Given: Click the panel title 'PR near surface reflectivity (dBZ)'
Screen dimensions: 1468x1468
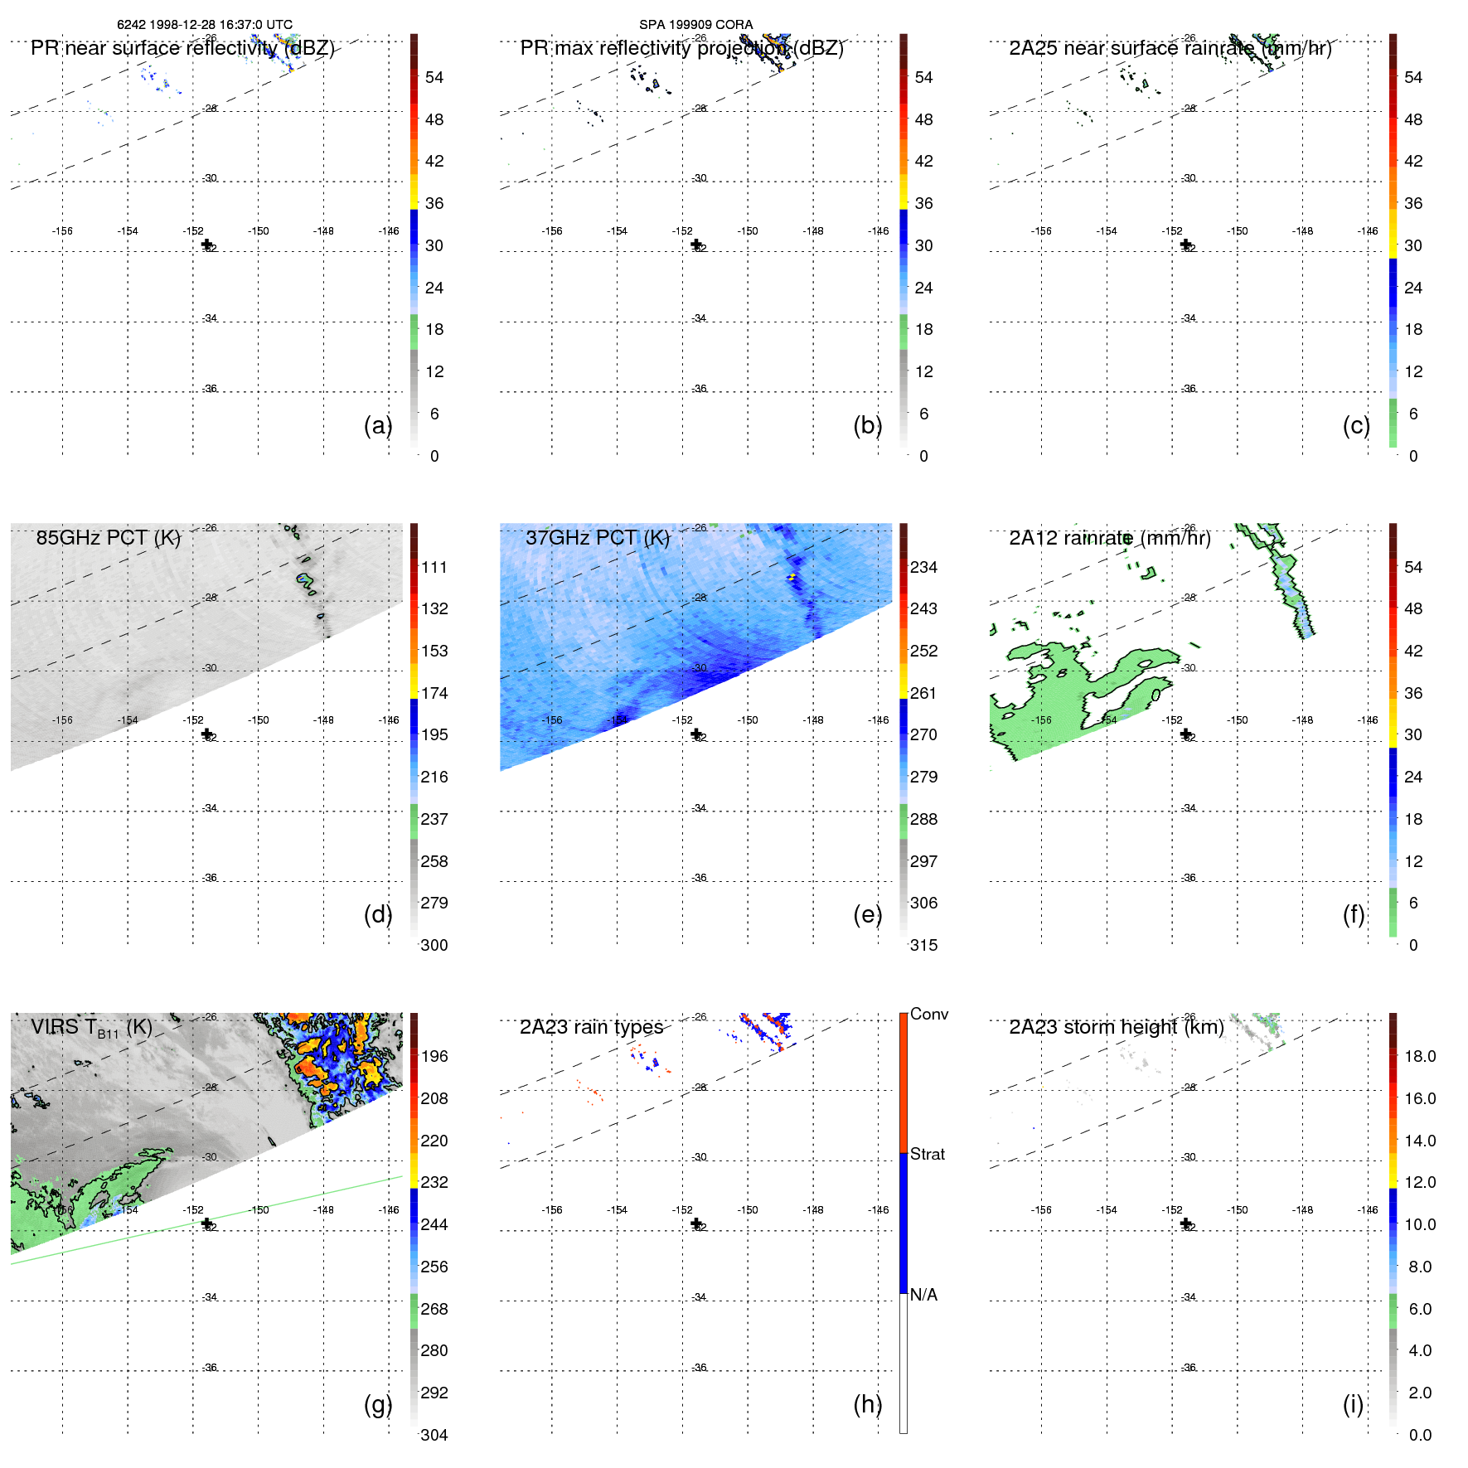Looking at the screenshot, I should click(182, 48).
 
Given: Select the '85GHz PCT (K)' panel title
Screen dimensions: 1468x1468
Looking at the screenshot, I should click(109, 537).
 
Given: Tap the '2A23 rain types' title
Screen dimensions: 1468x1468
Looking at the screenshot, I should click(591, 1027).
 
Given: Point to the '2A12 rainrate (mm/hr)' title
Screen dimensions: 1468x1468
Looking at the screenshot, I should click(1110, 537).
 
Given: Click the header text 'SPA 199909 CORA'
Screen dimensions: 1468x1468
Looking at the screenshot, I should click(695, 24).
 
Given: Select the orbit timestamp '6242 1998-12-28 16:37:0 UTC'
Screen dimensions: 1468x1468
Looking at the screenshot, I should click(205, 24).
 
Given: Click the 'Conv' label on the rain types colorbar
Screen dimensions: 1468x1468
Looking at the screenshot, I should click(929, 1014).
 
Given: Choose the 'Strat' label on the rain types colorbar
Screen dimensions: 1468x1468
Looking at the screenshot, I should click(928, 1154).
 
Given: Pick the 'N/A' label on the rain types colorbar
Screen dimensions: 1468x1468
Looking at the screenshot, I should click(923, 1295).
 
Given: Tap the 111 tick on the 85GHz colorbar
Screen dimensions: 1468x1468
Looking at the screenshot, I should click(434, 567).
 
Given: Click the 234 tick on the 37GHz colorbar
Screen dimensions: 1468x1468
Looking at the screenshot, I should click(923, 567).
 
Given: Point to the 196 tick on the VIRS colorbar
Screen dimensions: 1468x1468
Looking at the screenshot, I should click(434, 1056).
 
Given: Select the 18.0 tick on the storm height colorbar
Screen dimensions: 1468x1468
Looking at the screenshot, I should click(1420, 1056).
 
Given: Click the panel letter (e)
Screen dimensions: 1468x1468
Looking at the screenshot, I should click(867, 914).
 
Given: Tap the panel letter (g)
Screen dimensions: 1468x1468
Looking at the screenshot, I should click(378, 1404).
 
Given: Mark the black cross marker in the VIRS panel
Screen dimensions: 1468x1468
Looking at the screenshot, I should click(206, 1223).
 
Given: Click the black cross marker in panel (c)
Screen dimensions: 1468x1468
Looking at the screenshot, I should click(1185, 245).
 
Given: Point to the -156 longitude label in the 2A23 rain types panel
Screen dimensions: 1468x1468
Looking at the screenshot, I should click(552, 1209).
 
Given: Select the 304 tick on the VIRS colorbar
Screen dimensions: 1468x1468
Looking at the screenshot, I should click(434, 1435).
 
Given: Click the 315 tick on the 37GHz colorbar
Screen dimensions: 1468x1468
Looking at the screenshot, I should click(923, 945).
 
